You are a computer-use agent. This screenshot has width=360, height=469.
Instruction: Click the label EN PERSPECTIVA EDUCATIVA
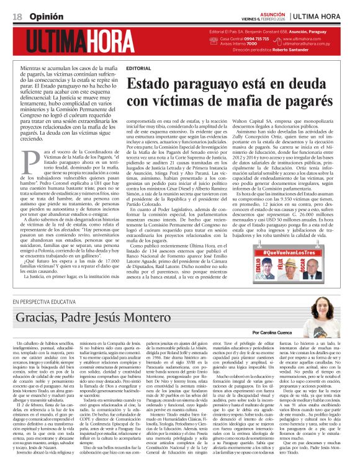(x=50, y=302)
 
